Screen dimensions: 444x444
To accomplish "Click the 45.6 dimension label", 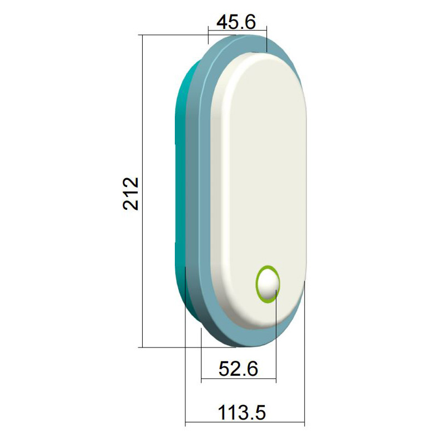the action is point(236,22).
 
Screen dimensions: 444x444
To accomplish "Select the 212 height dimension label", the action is point(130,194).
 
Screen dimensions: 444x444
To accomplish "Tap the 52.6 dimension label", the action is point(239,369).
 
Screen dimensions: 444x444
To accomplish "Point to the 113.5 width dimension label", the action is point(242,412).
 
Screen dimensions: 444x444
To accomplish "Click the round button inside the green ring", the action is point(268,284).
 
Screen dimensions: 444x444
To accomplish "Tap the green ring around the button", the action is point(256,284).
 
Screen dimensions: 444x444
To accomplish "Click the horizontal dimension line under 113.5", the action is point(245,422).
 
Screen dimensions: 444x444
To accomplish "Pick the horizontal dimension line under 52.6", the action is point(239,379).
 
